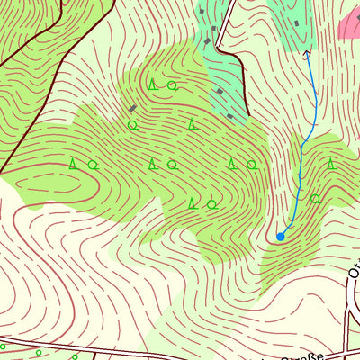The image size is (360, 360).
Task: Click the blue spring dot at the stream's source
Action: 281,236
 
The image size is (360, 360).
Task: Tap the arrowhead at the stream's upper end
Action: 308,54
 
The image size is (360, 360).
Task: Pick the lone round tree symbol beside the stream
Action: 315,198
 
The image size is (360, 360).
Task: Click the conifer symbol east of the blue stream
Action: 331,164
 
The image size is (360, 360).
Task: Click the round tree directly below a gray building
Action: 132,125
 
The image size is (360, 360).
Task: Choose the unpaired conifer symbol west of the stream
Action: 191,123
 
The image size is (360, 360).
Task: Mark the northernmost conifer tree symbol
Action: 153,85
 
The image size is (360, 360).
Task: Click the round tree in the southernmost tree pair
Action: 211,204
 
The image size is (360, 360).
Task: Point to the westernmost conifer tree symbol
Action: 73,164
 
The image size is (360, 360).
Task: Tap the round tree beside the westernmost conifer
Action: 93,165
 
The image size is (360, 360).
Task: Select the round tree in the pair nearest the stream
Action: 251,165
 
